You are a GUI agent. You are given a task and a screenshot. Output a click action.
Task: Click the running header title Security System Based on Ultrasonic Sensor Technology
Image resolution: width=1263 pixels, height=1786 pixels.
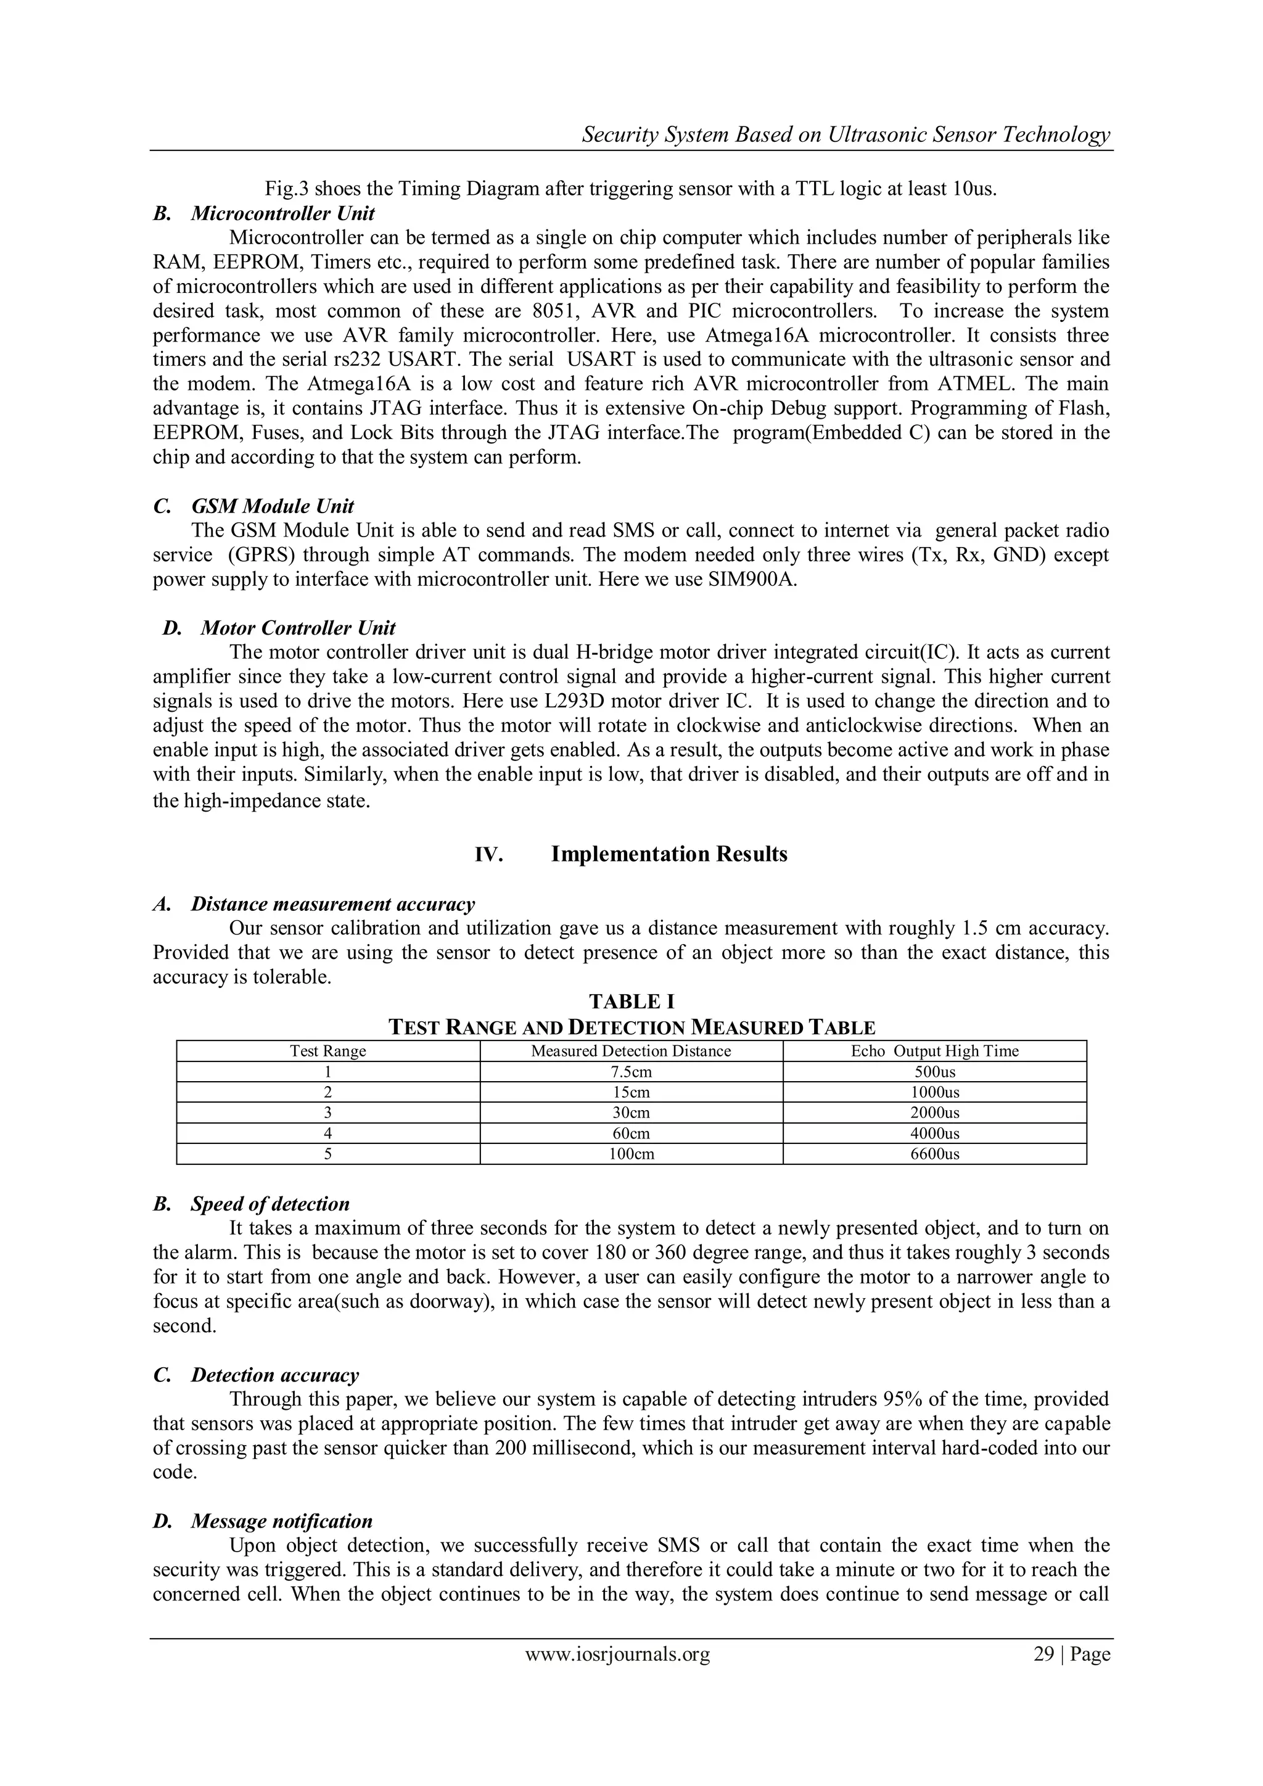point(846,134)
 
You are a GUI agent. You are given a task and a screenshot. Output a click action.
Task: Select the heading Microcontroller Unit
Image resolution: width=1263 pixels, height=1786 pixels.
point(282,213)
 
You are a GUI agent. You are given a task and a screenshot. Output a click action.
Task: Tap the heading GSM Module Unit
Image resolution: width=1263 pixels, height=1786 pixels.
point(272,506)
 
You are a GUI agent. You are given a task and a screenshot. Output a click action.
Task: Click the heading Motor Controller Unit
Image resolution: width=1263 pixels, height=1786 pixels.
point(298,628)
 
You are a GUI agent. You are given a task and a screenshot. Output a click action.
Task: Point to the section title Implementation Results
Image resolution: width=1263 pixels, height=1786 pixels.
point(669,854)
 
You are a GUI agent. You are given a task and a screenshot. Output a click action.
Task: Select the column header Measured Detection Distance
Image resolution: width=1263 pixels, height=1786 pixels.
point(631,1051)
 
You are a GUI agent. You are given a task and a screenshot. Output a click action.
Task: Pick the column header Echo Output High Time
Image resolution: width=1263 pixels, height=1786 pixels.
point(934,1051)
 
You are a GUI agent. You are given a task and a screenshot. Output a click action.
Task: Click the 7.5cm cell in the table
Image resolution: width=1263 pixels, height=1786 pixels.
point(631,1072)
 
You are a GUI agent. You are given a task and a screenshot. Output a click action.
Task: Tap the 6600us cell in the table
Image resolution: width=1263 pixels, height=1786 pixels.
point(934,1154)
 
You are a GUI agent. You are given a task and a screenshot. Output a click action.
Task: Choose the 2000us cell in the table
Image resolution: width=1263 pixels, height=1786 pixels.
point(934,1113)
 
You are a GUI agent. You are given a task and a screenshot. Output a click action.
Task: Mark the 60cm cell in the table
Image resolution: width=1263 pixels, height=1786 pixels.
point(631,1134)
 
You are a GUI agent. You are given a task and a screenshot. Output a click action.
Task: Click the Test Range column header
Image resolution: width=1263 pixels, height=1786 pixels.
point(327,1051)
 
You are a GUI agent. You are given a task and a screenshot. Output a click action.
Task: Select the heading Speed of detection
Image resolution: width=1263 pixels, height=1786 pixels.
point(270,1204)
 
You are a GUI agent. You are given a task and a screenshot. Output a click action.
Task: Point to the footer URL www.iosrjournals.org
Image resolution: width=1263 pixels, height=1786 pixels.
point(617,1654)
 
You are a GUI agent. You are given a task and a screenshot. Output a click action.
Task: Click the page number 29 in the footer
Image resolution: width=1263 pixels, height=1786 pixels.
point(1043,1654)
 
